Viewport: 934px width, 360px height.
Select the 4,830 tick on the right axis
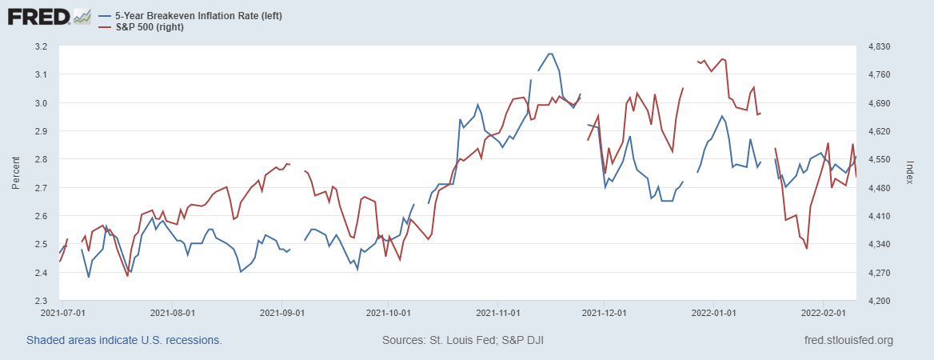[x=878, y=46]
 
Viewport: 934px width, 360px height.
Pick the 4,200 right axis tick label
[x=878, y=301]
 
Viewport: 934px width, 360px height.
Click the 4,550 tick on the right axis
[x=878, y=159]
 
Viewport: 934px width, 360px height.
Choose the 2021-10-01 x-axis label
[x=389, y=313]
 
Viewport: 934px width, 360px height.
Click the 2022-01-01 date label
[x=714, y=313]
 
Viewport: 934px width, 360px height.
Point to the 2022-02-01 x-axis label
[x=824, y=313]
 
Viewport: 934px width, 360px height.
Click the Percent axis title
[x=16, y=173]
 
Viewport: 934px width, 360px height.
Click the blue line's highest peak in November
[x=549, y=54]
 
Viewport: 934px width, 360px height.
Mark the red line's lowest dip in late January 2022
[x=807, y=249]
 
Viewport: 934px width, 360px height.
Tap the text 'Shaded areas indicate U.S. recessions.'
[x=124, y=340]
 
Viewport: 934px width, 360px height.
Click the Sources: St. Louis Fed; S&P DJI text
[x=464, y=340]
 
